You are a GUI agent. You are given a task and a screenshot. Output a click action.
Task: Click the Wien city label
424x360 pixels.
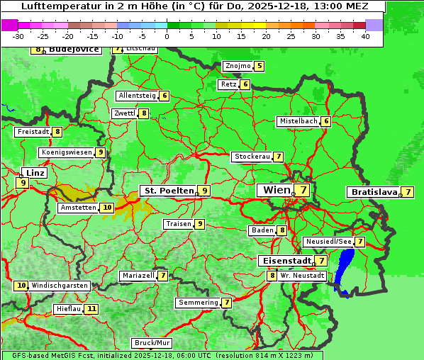[277, 190]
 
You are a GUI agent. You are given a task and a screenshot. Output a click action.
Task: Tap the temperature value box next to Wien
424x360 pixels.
[303, 190]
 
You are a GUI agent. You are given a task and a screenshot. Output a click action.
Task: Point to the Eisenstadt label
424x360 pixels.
[284, 261]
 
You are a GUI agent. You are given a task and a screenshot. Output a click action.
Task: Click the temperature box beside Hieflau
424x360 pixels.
[91, 309]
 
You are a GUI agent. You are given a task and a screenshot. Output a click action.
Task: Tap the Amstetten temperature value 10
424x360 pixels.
[106, 208]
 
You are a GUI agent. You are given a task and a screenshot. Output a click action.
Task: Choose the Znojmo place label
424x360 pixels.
[237, 67]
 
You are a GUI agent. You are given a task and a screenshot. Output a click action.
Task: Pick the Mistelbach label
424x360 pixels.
[299, 121]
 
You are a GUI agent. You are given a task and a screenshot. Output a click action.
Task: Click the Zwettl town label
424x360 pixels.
[124, 113]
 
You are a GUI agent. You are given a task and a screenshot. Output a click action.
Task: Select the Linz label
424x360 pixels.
[35, 173]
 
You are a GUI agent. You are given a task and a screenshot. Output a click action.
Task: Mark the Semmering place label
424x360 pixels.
[199, 303]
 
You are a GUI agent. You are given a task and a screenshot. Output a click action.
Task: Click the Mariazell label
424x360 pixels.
[138, 276]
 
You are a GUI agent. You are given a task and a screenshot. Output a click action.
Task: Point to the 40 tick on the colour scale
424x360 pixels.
[365, 36]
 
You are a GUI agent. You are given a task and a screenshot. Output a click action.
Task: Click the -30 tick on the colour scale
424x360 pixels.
[19, 36]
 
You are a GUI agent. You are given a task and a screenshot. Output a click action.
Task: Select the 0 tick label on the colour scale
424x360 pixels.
[167, 36]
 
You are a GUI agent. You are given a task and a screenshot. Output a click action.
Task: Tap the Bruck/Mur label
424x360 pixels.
[152, 343]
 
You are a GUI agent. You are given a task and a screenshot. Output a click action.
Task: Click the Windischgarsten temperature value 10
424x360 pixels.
[21, 286]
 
